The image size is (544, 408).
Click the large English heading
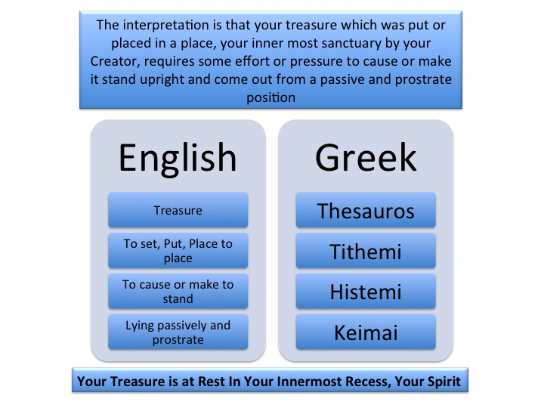click(x=178, y=159)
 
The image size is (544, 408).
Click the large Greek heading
click(x=366, y=157)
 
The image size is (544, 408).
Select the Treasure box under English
click(x=178, y=210)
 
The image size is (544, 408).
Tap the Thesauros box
click(x=366, y=210)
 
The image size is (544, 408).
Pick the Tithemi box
click(x=366, y=251)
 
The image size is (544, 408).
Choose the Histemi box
click(x=366, y=291)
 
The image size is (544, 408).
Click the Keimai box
click(x=366, y=332)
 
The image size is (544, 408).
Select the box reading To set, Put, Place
click(x=178, y=251)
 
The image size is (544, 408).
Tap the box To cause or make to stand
click(x=178, y=291)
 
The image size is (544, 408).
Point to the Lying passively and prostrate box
click(x=178, y=332)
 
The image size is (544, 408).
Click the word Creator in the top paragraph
click(x=115, y=61)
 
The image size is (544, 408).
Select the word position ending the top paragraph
click(x=271, y=97)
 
